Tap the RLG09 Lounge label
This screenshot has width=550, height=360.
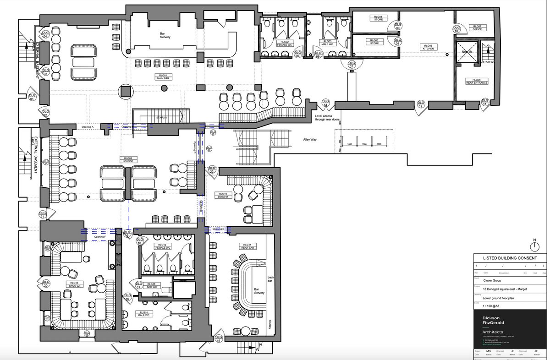point(127,160)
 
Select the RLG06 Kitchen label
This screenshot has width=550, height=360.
point(428,48)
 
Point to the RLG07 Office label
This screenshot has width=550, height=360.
point(477,28)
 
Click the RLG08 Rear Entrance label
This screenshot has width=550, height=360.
point(477,81)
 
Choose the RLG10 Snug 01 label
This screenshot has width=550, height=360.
point(223,196)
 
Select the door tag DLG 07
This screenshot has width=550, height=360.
point(352,65)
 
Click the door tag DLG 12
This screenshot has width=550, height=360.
point(420,104)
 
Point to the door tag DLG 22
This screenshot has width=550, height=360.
point(212,169)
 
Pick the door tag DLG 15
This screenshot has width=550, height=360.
point(219,339)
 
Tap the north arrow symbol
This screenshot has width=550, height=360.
point(534,246)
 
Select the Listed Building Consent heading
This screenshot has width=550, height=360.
point(510,258)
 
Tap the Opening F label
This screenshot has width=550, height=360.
point(99,237)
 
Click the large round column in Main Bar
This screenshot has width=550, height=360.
point(126,92)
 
